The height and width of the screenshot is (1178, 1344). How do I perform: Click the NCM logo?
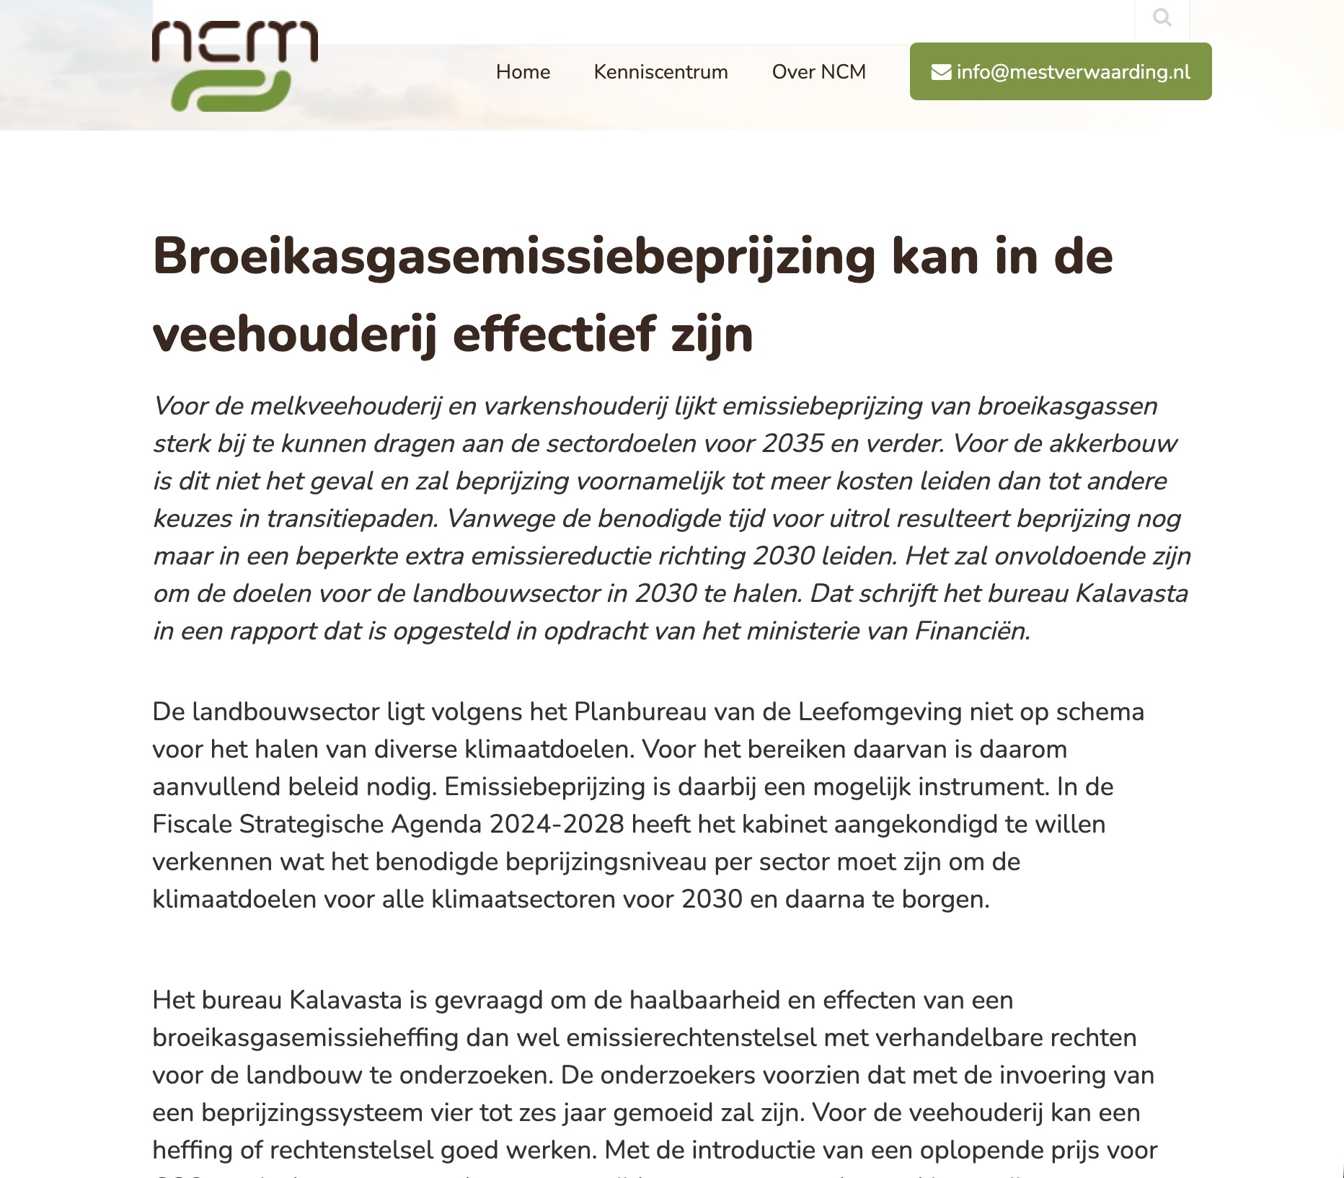[235, 66]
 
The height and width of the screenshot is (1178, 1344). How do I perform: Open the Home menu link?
[523, 72]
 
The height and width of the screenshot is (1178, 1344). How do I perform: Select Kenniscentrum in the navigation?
[660, 72]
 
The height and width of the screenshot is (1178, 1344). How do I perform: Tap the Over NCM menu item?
[818, 72]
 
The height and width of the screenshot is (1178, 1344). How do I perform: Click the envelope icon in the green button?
[941, 72]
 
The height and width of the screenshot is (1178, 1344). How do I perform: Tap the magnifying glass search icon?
[1162, 17]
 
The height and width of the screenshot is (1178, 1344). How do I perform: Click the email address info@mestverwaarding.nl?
[1073, 72]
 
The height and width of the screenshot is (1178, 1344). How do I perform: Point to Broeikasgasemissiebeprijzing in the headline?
[513, 257]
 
